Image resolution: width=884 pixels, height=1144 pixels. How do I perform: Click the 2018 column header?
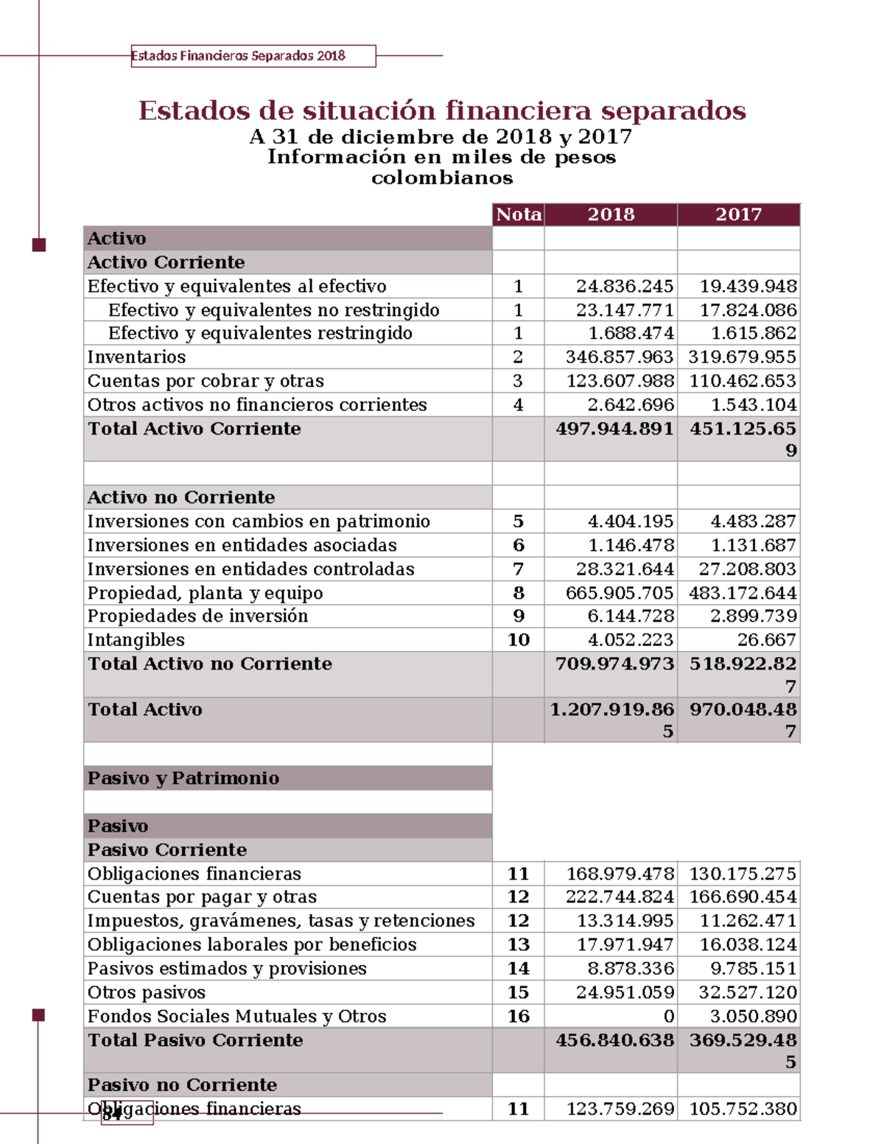pos(611,214)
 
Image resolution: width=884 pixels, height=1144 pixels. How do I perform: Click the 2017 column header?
pos(738,214)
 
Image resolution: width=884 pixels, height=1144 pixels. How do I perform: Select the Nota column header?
pos(519,214)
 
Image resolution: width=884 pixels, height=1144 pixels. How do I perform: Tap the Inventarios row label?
pos(136,357)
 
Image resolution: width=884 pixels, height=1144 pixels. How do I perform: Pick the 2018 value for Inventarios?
pos(619,357)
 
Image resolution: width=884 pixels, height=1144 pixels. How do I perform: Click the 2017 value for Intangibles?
pos(766,639)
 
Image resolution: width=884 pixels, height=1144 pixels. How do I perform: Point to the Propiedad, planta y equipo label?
pos(205,593)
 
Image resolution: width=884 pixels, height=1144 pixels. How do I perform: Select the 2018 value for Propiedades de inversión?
pos(631,616)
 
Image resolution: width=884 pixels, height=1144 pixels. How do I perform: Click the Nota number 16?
pos(519,1016)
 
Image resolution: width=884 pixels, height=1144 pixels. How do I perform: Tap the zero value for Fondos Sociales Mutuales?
pos(668,1017)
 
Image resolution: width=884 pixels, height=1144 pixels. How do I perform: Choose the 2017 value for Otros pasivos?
pos(747,992)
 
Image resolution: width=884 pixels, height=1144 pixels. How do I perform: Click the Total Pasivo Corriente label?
pos(195,1040)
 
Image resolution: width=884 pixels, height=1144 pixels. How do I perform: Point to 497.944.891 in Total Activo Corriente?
pos(614,429)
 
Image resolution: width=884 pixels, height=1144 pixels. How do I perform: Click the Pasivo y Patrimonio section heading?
pos(183,778)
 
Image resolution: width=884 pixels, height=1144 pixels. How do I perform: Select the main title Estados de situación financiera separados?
pos(442,110)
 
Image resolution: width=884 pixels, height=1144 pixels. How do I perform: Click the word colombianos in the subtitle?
pos(442,178)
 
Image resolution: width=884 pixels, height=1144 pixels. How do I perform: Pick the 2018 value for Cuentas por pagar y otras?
pos(619,896)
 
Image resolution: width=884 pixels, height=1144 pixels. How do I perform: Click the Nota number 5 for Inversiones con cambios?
pos(519,522)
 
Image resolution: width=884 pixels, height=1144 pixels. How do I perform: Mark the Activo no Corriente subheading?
pos(180,497)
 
